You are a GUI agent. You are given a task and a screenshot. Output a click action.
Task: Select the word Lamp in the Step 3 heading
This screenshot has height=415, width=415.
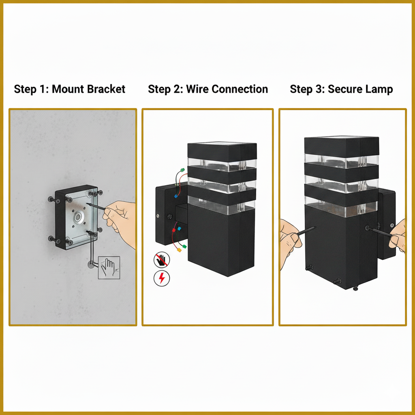click(380, 90)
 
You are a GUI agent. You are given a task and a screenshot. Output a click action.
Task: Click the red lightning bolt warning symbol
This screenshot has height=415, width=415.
click(162, 278)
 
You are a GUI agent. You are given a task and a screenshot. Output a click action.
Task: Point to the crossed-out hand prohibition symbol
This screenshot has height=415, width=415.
click(162, 259)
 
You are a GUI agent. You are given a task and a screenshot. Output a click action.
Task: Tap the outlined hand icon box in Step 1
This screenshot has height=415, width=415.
click(109, 267)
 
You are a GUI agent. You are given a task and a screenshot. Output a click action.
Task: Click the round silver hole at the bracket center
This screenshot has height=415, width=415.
click(78, 218)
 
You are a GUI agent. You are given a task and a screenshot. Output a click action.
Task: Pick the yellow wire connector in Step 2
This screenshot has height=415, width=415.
click(179, 250)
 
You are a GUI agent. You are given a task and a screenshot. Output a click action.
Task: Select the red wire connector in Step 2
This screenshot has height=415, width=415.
click(174, 230)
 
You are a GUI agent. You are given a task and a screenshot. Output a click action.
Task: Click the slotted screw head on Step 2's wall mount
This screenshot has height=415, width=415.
click(170, 217)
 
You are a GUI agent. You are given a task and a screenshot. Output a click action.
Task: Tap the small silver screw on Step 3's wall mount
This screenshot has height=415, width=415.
click(392, 225)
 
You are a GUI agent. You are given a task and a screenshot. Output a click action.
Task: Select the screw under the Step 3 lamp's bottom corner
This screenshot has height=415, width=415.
click(355, 288)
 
